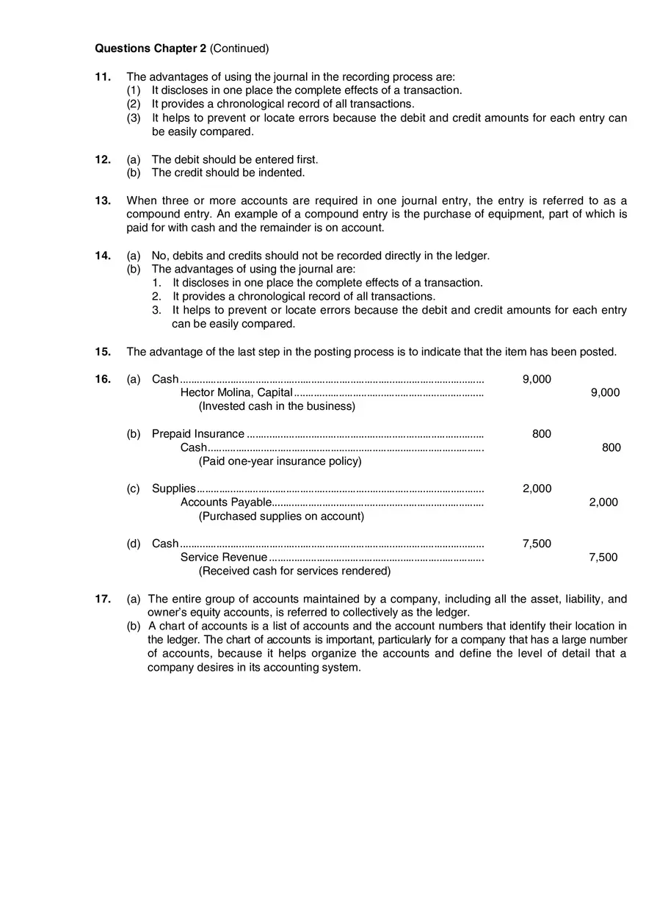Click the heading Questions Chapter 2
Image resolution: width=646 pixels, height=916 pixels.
coord(150,48)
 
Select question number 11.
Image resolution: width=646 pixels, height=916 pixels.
coord(103,76)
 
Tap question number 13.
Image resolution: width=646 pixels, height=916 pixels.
coord(103,201)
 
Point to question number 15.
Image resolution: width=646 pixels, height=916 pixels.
coord(103,352)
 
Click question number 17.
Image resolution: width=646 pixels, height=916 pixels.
coord(103,599)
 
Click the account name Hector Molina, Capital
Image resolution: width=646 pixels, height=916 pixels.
coord(236,392)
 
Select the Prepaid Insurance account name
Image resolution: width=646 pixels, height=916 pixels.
coord(198,434)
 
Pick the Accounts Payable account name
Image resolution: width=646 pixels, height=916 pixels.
coord(226,502)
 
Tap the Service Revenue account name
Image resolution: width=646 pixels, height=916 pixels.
coord(224,558)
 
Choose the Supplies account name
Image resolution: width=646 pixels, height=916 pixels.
coord(174,488)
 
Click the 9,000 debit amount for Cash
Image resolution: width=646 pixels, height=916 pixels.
coord(537,379)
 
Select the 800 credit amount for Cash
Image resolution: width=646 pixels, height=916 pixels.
coord(611,447)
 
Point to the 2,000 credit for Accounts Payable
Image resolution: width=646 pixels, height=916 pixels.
coord(603,502)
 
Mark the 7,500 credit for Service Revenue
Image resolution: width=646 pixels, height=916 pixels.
coord(603,558)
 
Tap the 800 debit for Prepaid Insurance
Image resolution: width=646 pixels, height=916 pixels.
coord(542,434)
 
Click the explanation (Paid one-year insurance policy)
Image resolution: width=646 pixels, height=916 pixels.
coord(280,461)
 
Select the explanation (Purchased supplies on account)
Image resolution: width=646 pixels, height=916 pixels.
coord(281,516)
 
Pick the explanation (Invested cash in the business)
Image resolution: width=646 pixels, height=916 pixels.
coord(277,406)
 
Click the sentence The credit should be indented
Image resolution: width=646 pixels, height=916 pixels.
coord(228,173)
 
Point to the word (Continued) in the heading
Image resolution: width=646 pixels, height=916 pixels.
coord(239,48)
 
